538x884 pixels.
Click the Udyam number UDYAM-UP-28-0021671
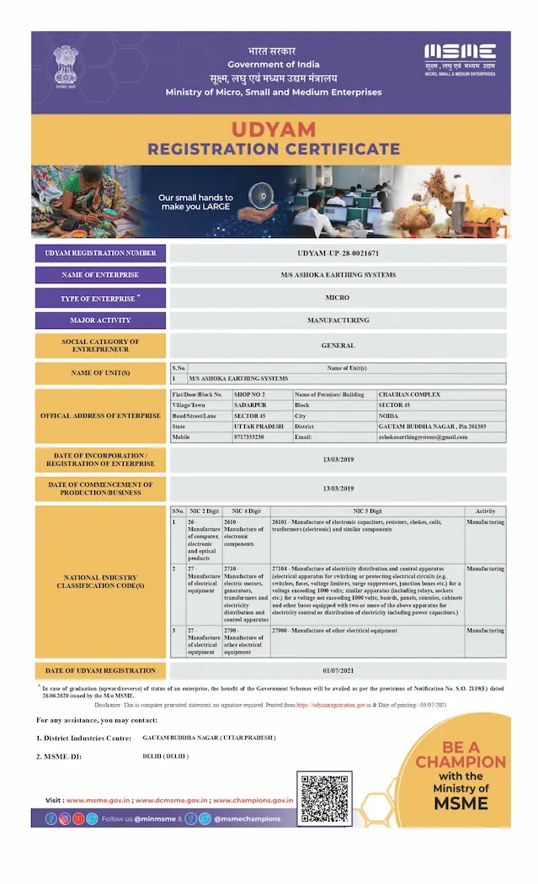(338, 252)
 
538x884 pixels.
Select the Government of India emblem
(65, 65)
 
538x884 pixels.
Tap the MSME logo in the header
(460, 57)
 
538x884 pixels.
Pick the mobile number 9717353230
(252, 437)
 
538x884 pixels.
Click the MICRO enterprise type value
(338, 298)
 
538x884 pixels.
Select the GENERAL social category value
(338, 345)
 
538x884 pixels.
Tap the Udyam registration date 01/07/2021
(338, 670)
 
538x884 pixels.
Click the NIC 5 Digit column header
(367, 511)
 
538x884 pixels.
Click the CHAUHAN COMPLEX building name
(409, 394)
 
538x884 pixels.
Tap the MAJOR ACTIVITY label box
(101, 320)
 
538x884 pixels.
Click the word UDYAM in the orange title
(274, 130)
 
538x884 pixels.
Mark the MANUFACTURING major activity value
(338, 320)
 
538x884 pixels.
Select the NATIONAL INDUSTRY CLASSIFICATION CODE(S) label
(101, 581)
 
